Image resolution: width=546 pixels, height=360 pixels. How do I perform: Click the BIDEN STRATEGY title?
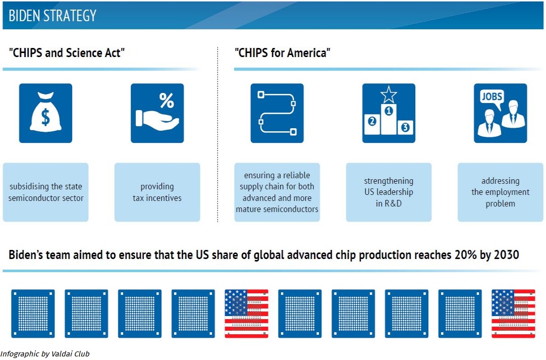[x=52, y=16]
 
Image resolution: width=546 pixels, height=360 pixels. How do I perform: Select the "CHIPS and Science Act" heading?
[x=67, y=53]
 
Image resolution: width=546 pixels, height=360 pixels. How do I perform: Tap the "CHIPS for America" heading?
[x=283, y=53]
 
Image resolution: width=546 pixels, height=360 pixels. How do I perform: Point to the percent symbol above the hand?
[x=167, y=100]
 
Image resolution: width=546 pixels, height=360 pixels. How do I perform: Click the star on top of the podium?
[x=389, y=94]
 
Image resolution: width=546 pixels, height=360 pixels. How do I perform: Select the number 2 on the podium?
[x=372, y=121]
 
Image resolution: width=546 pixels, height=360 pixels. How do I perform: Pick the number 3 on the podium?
[x=405, y=127]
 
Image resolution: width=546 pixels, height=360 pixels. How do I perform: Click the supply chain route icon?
[x=277, y=113]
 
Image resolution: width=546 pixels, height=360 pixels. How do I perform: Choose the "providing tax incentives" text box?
[x=157, y=192]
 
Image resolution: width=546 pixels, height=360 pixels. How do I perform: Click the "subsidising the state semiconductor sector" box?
[x=45, y=192]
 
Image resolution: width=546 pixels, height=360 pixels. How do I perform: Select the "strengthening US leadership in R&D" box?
[x=389, y=192]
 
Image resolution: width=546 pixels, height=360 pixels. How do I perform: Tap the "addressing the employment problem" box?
[x=501, y=192]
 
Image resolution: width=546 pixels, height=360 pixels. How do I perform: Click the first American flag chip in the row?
[x=247, y=314]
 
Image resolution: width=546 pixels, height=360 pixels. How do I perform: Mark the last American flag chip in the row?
[x=513, y=314]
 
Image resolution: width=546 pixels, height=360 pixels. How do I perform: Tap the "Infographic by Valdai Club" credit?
[x=45, y=354]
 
